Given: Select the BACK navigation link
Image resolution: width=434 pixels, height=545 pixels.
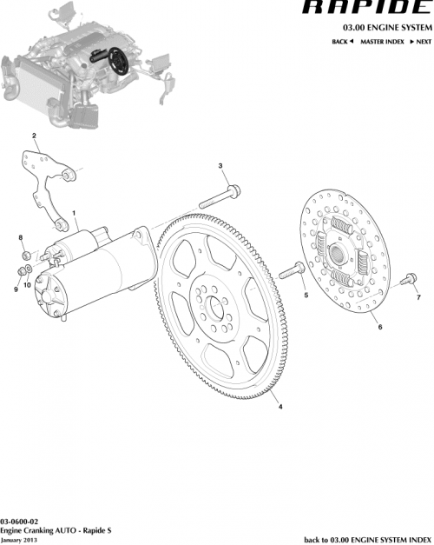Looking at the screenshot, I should coord(343,42).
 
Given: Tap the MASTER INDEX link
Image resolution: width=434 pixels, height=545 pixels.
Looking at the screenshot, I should coord(382,42).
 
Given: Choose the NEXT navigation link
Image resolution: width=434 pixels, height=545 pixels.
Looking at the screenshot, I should coord(421,42).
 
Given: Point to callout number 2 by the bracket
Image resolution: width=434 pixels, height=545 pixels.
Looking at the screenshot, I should coord(34,136).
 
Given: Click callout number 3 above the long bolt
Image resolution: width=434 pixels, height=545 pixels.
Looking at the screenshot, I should coord(220,166).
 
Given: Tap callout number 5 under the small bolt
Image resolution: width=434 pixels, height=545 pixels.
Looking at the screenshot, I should coord(306,296).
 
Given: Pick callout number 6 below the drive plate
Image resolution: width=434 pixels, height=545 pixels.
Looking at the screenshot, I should coord(379,328).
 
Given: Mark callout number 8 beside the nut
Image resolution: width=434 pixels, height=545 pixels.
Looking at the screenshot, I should coord(21,237).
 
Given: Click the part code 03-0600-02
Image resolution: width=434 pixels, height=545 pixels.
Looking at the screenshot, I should coord(18,521).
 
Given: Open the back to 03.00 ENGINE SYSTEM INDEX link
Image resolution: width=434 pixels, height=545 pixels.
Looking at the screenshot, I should coord(366,539).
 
